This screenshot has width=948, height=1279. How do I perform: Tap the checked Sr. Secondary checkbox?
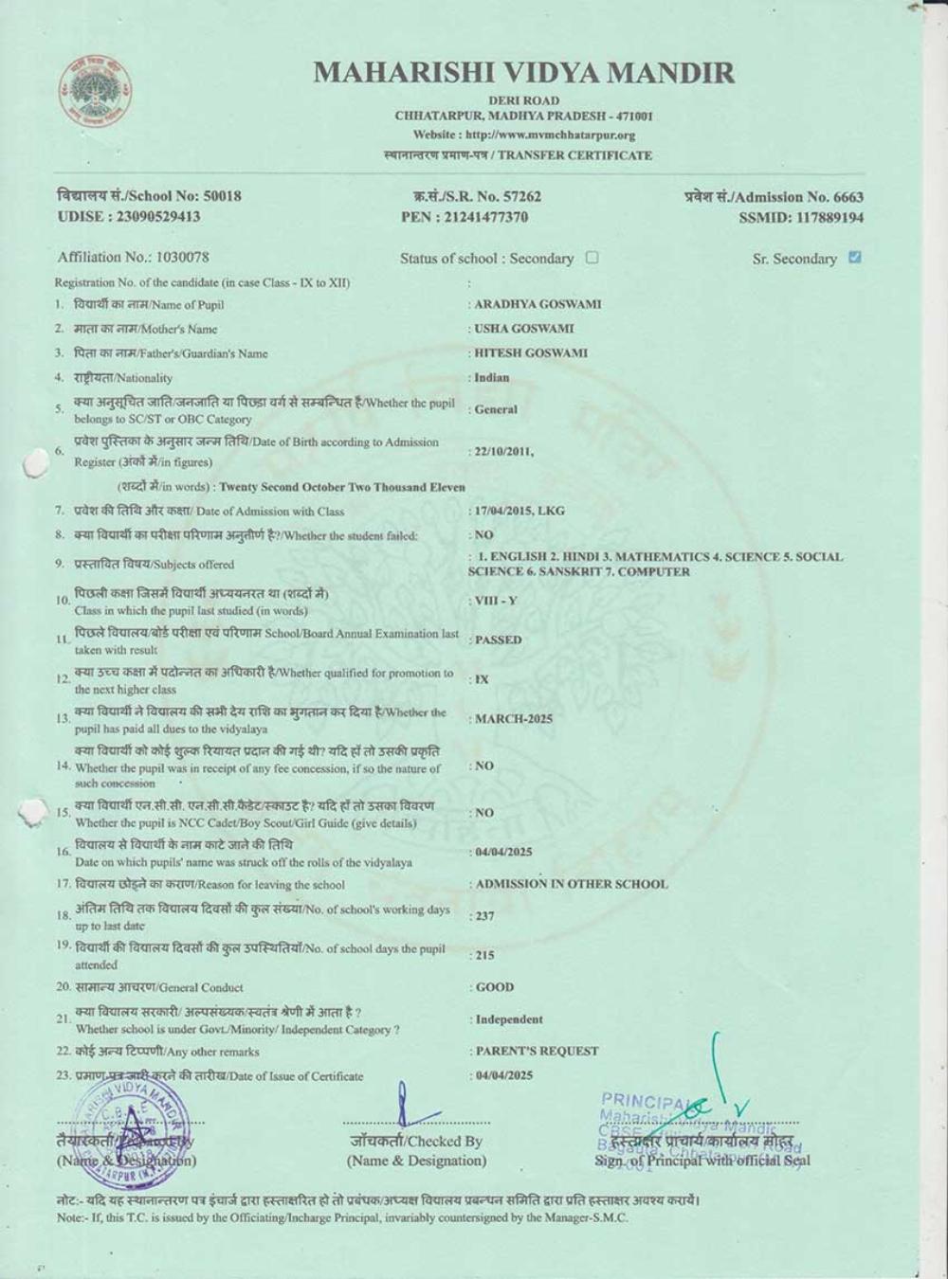point(855,257)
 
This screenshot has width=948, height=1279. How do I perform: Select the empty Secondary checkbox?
point(592,257)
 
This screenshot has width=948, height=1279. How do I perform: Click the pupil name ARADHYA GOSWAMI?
point(538,304)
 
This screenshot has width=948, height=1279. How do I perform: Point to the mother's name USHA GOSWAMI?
point(524,329)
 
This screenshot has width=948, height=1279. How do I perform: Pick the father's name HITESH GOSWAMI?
point(531,352)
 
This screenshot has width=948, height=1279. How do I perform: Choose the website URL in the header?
point(523,135)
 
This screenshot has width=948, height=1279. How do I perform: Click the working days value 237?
point(484,916)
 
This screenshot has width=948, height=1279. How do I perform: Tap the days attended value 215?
point(484,955)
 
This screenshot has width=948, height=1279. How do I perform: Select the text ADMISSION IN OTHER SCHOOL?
point(572,884)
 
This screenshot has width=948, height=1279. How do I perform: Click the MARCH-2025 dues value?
point(514,719)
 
